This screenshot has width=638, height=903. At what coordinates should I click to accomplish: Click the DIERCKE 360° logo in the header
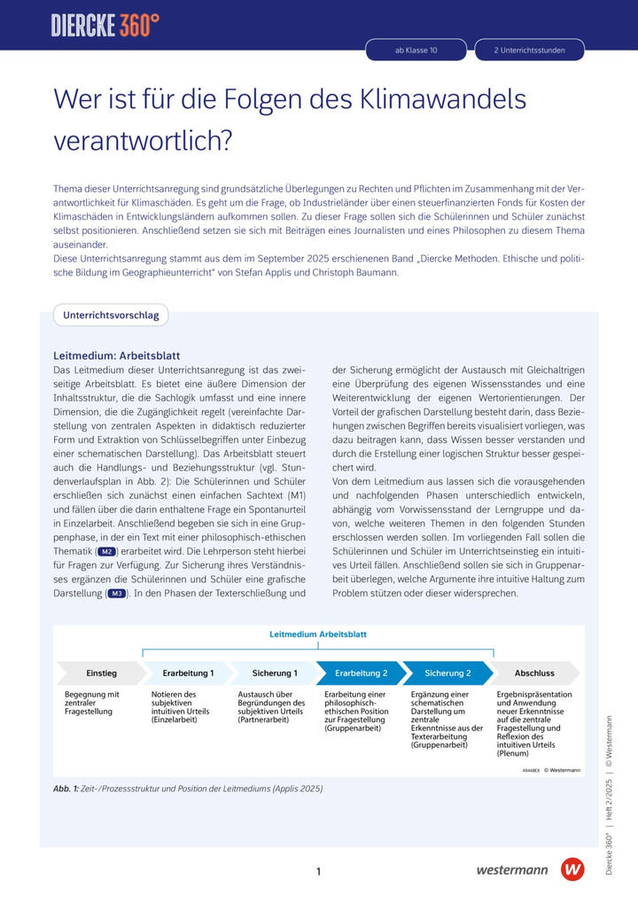click(105, 25)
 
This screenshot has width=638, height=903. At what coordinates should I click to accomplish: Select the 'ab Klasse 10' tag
click(416, 51)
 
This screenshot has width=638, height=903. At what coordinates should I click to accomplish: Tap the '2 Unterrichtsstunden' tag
click(529, 51)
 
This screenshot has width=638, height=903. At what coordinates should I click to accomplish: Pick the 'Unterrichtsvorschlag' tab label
click(111, 315)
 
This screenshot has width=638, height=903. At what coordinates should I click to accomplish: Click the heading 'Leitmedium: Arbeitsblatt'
click(117, 355)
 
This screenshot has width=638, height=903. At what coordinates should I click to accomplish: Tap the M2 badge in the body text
click(107, 551)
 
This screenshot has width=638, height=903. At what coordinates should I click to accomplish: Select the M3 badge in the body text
click(116, 594)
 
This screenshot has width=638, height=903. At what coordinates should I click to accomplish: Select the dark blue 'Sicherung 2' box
click(447, 673)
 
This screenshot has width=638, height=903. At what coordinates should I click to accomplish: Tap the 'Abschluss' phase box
click(534, 673)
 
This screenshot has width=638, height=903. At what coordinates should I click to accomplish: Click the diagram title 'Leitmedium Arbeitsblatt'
click(318, 634)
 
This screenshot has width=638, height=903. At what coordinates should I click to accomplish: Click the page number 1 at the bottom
click(318, 872)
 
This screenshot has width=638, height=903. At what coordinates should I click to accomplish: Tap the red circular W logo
click(573, 869)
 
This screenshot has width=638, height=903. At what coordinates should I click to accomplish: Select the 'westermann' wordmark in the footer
click(512, 870)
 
